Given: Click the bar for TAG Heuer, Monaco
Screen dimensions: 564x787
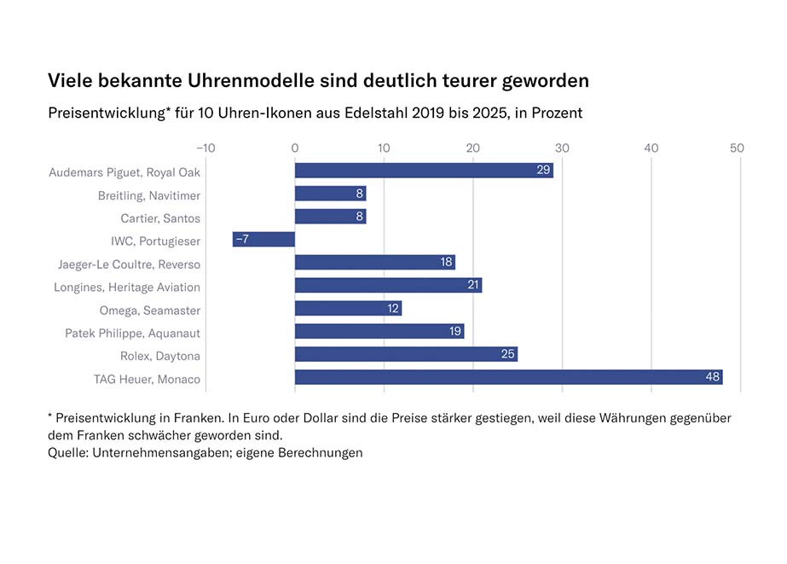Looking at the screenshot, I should pos(508,377).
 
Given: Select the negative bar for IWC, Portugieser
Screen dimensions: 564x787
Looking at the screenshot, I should pos(263,239).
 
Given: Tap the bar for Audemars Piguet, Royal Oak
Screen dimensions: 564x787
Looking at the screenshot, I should pos(424,170).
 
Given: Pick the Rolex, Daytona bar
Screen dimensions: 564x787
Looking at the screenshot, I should pos(406,354).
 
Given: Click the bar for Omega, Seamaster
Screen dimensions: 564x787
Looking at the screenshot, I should pos(348,308).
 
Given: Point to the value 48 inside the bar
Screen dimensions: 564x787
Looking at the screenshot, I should pos(713,377).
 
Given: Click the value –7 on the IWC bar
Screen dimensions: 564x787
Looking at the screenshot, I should pos(241,239).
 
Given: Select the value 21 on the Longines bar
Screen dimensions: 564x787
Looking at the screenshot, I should pos(474,285).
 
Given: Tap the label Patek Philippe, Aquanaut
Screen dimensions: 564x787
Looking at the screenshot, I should pos(133,333).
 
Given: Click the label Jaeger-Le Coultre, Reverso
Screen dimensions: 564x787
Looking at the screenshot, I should pos(130,264).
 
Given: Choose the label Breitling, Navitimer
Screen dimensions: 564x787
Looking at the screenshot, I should pos(149,195).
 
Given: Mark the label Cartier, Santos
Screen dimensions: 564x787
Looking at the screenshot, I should pos(160,218).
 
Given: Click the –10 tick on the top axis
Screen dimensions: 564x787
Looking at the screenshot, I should pos(205,148).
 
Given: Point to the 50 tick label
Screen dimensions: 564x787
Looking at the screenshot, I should pos(738,148).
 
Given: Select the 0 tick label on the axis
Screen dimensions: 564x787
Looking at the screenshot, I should pos(295,148).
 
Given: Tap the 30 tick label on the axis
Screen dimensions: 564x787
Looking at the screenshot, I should pos(562,148).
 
